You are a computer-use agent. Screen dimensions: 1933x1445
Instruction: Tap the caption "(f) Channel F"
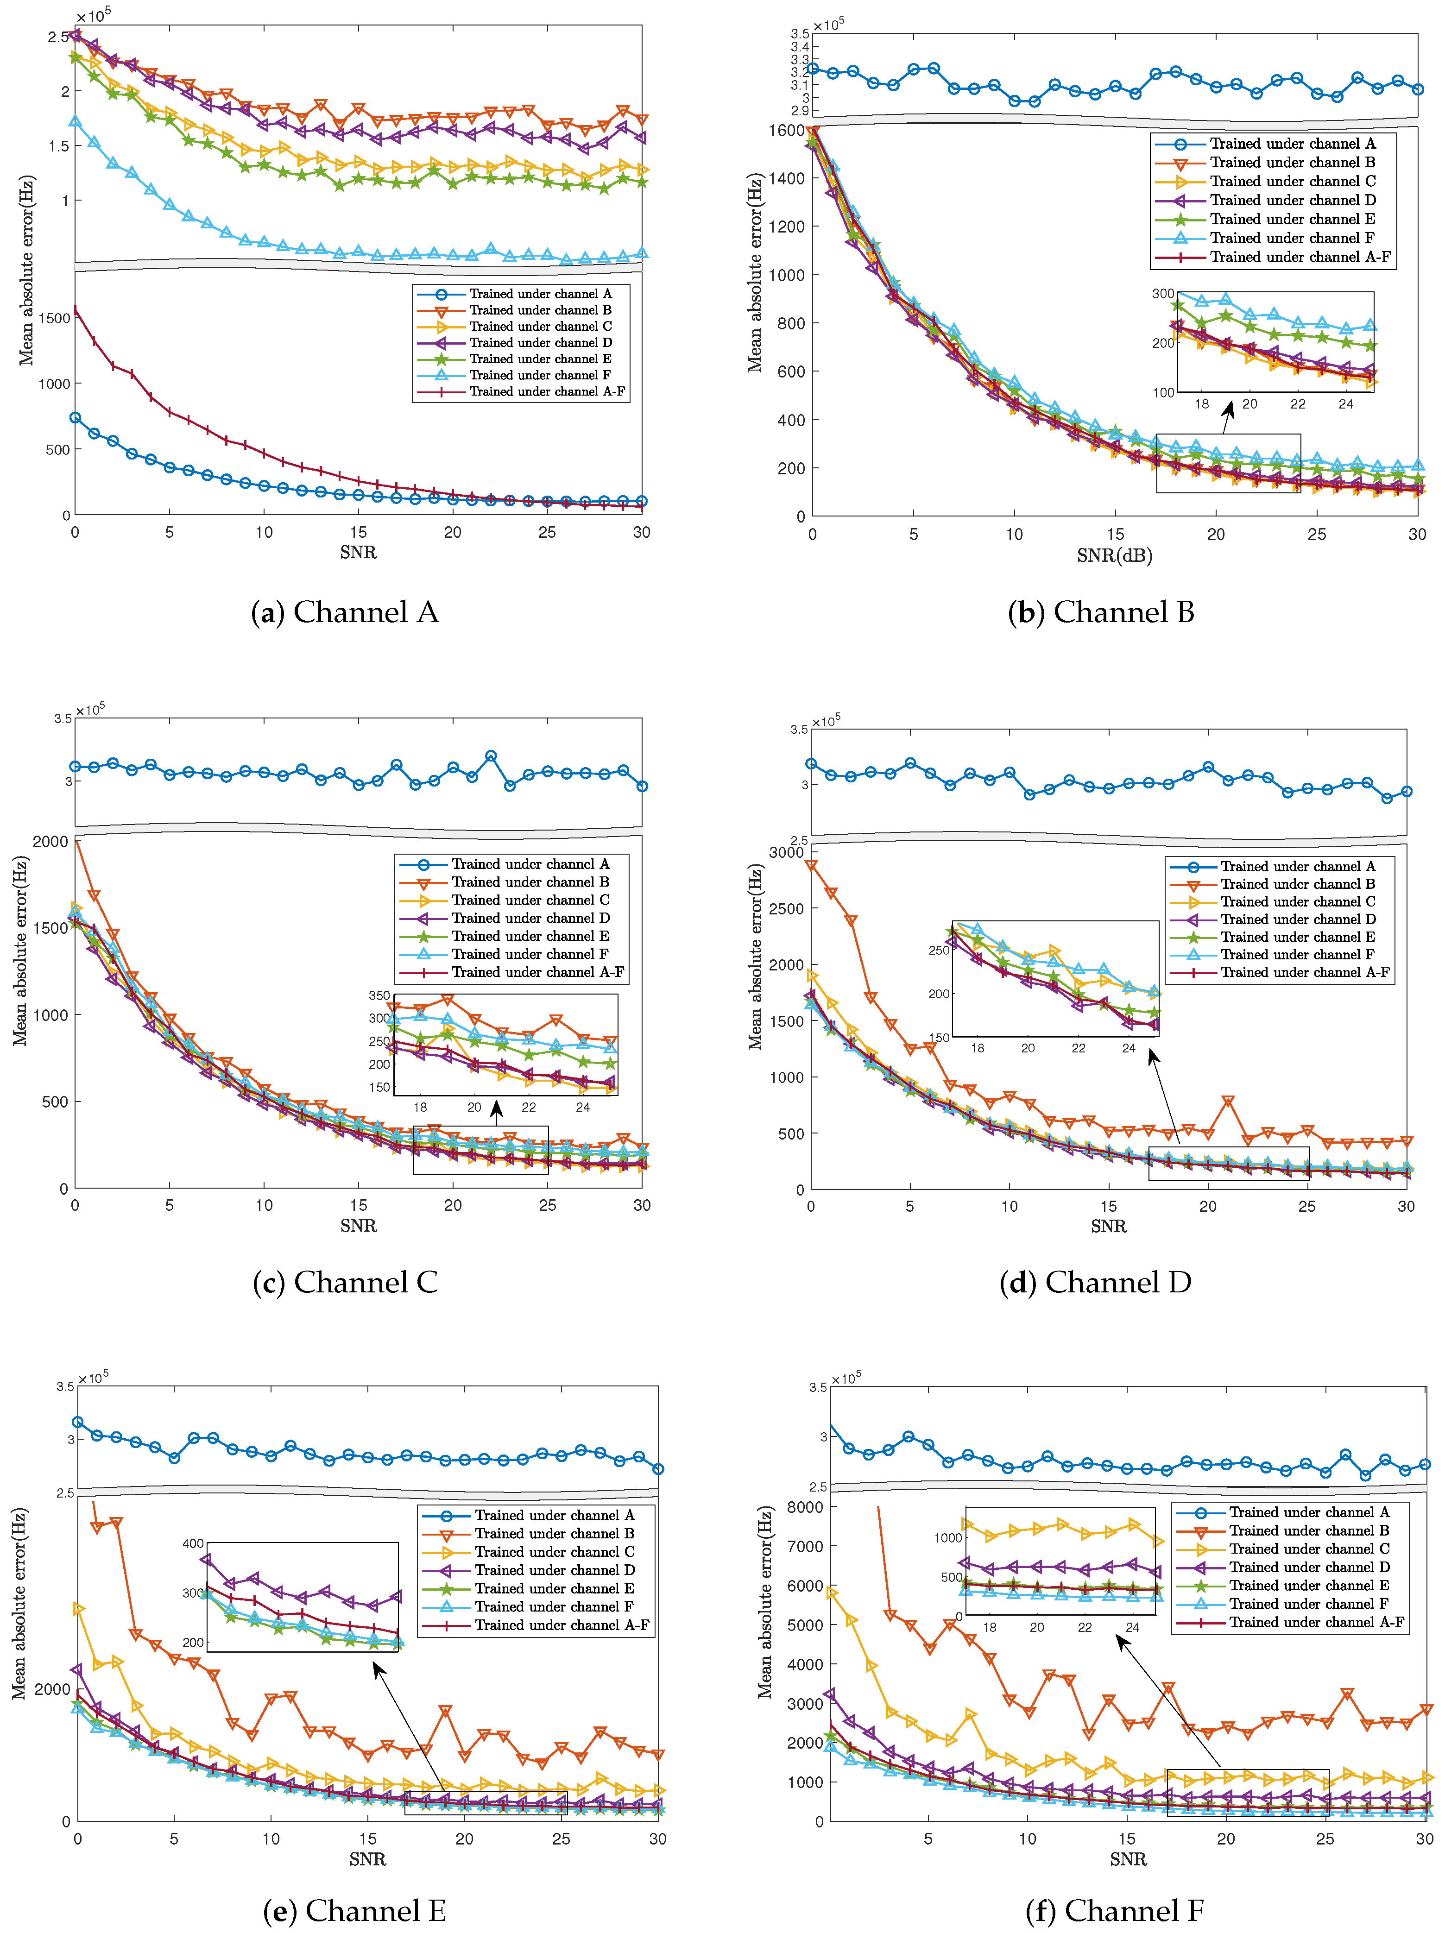[1115, 1911]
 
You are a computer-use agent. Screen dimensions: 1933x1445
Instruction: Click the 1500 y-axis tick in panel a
[54, 318]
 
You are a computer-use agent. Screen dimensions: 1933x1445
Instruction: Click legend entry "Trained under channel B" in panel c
[530, 882]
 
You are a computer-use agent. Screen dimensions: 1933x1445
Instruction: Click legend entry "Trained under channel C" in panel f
[1309, 1549]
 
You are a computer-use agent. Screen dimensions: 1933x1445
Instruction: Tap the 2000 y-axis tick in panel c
[50, 842]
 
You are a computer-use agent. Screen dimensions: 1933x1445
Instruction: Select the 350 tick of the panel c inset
[379, 995]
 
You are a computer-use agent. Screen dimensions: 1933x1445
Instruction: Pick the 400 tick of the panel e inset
[192, 1544]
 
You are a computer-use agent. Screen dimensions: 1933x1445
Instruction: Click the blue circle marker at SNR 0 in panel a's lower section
[75, 418]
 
